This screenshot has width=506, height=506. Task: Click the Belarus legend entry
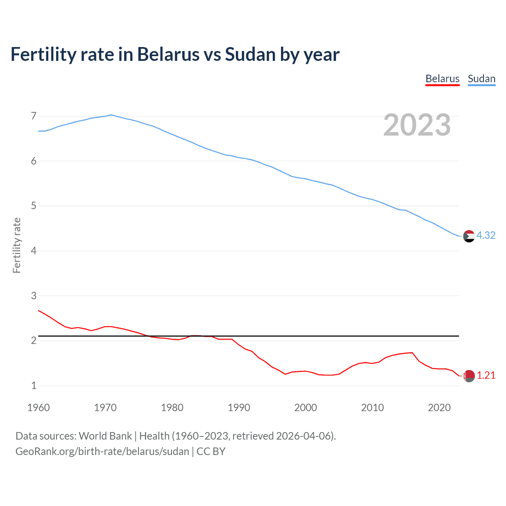[442, 79]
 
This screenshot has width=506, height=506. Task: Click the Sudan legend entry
[481, 79]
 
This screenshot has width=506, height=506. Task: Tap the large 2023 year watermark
[417, 125]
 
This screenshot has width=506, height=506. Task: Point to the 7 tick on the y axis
[34, 116]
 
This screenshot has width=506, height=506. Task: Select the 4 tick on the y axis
[34, 251]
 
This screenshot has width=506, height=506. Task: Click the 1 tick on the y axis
[34, 385]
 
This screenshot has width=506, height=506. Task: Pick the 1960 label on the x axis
[38, 408]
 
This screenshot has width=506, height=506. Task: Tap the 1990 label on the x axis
[239, 408]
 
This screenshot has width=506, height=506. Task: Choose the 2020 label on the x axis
[439, 408]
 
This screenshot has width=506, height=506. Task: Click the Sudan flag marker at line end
[469, 236]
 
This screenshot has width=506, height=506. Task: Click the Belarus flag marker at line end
[469, 376]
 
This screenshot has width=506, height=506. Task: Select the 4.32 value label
[486, 235]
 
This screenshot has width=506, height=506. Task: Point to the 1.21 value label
[486, 375]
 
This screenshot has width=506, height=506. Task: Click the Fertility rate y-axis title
[17, 245]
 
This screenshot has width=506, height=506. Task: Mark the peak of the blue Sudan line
[111, 115]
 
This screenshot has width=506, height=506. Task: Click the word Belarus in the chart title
[168, 55]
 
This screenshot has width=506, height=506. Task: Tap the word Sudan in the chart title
[250, 55]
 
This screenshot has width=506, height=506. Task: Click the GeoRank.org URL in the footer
[102, 451]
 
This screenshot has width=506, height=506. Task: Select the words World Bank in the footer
[105, 436]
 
